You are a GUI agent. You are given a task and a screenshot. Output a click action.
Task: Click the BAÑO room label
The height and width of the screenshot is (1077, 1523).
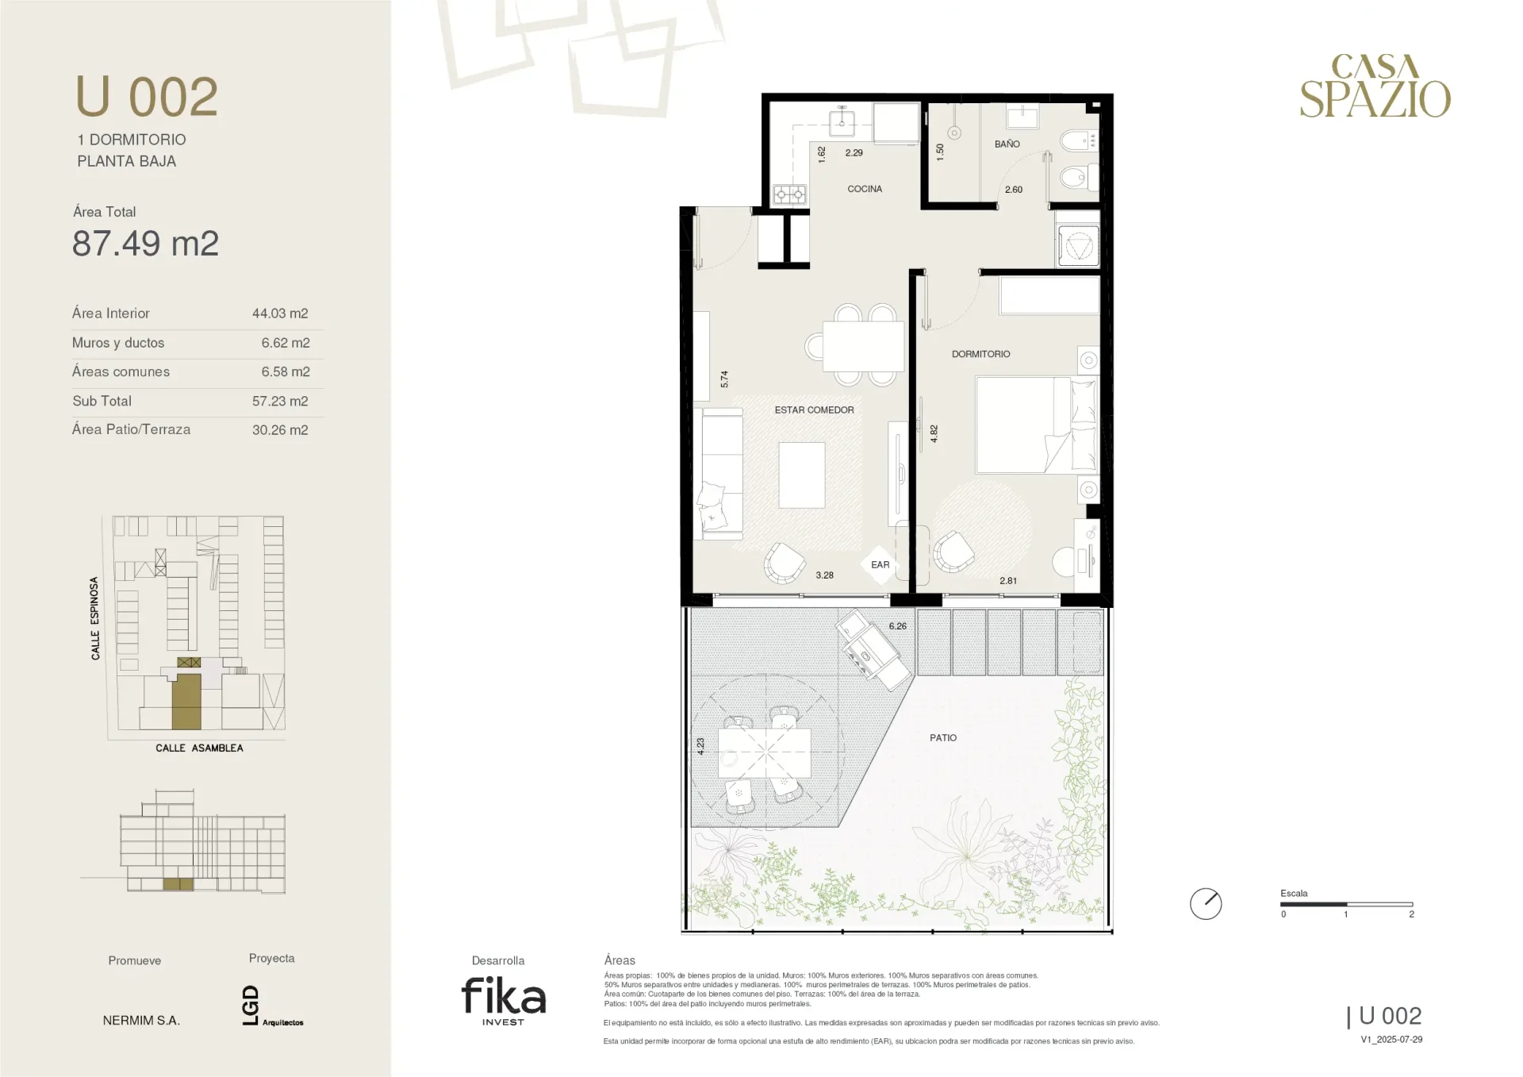click(x=1007, y=144)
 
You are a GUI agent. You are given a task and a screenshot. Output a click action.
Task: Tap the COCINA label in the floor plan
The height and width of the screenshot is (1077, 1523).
click(x=865, y=189)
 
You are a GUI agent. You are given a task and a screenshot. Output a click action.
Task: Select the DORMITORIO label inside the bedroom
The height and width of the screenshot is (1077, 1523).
click(x=981, y=354)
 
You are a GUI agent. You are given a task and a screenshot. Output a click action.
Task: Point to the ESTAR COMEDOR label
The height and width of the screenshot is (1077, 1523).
click(x=814, y=410)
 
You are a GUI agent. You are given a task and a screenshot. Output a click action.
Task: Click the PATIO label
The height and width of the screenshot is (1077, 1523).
click(x=943, y=737)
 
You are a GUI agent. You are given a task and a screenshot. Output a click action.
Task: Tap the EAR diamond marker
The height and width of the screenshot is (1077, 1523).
click(x=880, y=564)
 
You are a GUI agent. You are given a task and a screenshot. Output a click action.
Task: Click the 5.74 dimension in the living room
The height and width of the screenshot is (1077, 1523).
click(x=724, y=379)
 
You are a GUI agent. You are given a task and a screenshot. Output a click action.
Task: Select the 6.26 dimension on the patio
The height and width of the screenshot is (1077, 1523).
click(x=897, y=626)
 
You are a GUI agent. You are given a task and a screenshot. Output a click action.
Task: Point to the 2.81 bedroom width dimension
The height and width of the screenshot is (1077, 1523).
click(x=1008, y=581)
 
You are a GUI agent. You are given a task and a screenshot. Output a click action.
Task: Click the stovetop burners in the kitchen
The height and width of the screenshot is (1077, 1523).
click(x=790, y=194)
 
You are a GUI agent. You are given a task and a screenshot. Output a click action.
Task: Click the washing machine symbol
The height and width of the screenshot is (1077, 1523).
click(x=1078, y=245)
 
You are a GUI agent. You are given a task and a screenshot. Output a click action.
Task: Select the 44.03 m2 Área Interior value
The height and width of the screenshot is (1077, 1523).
click(x=280, y=313)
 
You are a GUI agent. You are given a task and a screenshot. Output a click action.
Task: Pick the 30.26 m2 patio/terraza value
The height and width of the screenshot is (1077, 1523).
click(x=280, y=430)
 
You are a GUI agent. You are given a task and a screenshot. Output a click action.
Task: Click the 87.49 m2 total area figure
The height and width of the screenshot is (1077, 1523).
click(x=145, y=244)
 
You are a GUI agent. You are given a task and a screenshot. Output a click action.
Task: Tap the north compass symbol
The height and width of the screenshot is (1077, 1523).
click(x=1206, y=904)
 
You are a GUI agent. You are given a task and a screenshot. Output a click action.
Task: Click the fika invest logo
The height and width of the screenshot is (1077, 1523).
click(x=504, y=1001)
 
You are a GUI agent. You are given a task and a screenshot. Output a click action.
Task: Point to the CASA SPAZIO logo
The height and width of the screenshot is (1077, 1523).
click(x=1375, y=86)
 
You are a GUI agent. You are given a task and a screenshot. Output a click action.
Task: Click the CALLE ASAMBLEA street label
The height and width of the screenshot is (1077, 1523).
click(x=199, y=748)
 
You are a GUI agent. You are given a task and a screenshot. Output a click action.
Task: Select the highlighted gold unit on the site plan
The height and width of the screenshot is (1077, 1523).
click(x=186, y=702)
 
